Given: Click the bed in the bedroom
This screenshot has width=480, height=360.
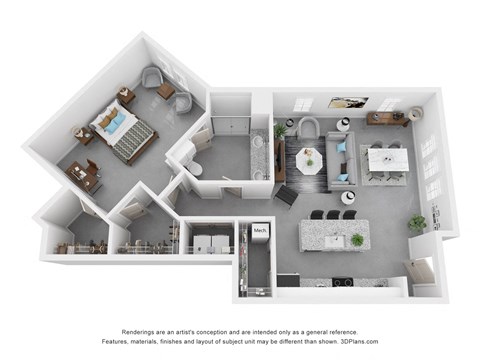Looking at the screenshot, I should [x=122, y=131].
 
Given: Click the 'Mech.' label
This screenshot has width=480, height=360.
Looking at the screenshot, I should [x=260, y=231].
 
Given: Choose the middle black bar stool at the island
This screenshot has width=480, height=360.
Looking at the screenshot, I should [x=333, y=214].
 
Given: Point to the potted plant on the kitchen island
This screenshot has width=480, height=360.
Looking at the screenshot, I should [x=357, y=239].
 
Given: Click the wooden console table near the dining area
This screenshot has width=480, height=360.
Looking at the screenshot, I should [x=388, y=118].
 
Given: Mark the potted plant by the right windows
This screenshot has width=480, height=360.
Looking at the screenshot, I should [x=417, y=224].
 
